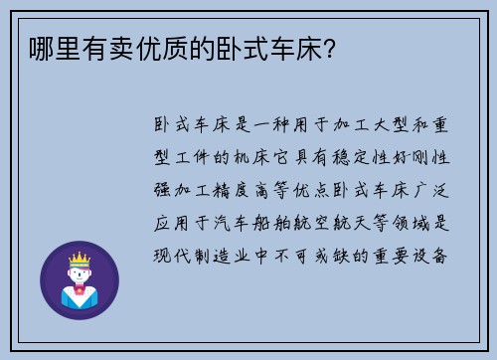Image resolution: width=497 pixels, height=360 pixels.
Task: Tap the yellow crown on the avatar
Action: coord(80,262)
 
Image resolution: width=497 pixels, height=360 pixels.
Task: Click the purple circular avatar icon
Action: coord(80,279)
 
